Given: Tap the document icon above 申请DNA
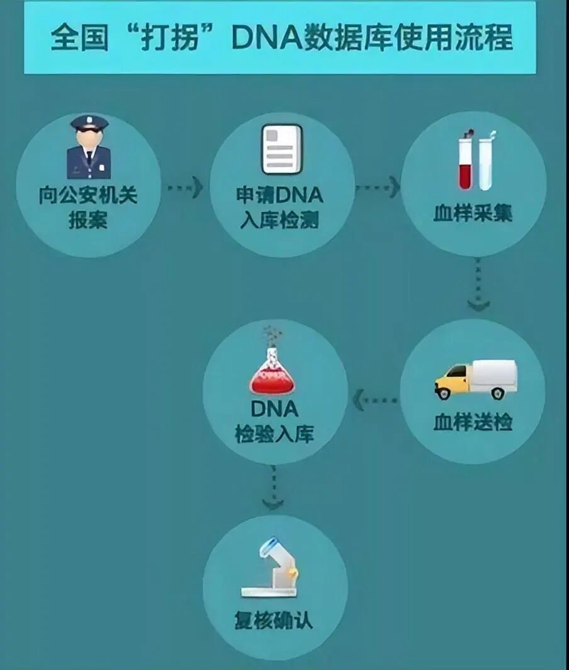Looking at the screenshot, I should click(x=281, y=150).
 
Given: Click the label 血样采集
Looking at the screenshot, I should click(x=473, y=213).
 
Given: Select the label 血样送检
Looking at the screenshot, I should click(x=473, y=422).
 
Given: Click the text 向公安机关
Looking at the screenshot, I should click(x=88, y=195).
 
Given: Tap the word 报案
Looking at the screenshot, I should click(x=88, y=221).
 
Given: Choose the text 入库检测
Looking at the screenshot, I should click(x=280, y=221).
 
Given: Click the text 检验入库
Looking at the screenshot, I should click(x=274, y=434).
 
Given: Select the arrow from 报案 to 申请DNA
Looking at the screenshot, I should click(x=185, y=187).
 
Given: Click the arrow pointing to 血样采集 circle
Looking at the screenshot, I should click(x=378, y=187).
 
